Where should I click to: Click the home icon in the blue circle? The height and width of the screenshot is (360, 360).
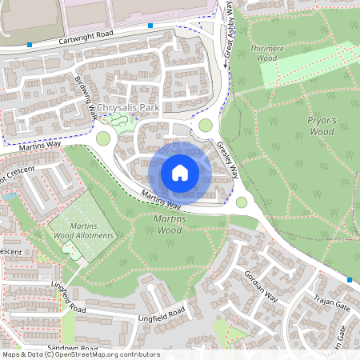coord(180,172)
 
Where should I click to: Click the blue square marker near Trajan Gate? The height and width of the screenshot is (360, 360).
coord(350,280)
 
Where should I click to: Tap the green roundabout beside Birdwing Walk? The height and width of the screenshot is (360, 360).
coord(103,138)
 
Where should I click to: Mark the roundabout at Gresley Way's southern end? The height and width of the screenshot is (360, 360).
coord(242,202)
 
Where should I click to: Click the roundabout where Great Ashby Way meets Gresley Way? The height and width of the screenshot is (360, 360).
coord(206,125)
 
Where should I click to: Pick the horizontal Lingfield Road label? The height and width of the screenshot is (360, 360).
coord(161,312)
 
